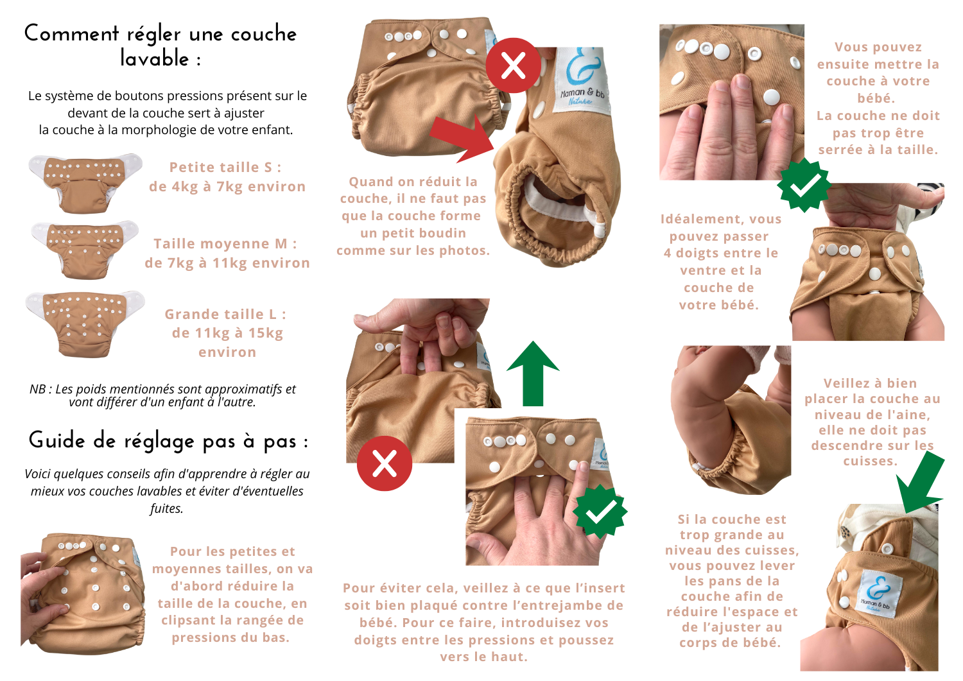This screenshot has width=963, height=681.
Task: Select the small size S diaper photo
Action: pos(85,183)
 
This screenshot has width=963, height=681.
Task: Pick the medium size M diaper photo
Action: pos(85,251)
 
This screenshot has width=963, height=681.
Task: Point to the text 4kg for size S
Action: pos(185,187)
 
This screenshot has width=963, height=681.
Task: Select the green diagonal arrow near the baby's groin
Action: pos(920,486)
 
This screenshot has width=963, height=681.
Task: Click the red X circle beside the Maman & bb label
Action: pos(514,65)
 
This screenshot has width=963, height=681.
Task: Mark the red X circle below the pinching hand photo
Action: pos(385,463)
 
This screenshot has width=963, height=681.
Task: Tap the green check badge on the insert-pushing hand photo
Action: pos(600,512)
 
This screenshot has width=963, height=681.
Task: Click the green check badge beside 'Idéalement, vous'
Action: pos(804,185)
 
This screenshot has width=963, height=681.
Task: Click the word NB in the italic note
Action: pos(38,389)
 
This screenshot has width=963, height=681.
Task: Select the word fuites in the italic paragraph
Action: pos(166,508)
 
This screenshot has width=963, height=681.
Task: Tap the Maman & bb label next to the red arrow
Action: pos(582,81)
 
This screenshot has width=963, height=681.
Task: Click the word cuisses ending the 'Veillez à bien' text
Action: pos(870,461)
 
